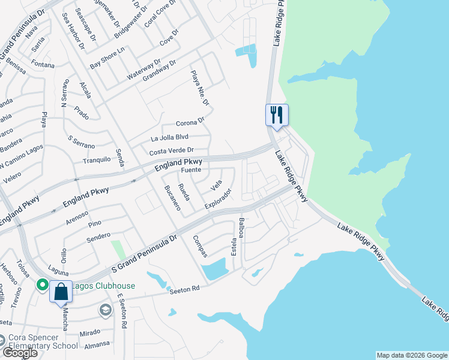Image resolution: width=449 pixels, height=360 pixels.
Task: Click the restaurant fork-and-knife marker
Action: coord(277,114)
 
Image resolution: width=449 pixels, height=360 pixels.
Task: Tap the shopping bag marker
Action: coord(61,292)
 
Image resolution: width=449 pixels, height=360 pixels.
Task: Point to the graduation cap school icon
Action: coord(105,310)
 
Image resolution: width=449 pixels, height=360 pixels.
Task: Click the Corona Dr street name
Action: coord(190,122)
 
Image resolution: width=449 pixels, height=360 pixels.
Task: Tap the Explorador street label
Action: coord(218,199)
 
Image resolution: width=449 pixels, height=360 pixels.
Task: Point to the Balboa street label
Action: coord(241,228)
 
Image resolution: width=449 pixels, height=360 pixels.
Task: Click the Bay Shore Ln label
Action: coord(106,58)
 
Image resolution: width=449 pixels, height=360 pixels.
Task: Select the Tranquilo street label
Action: coord(97,160)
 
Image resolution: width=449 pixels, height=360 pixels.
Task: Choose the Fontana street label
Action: coord(43,65)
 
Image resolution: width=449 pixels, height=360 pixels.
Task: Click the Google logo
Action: coord(20,353)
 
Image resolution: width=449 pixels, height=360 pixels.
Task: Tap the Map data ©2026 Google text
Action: coord(411,355)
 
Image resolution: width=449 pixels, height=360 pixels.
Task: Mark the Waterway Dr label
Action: coord(144,70)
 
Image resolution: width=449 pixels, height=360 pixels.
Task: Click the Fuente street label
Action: coord(191,170)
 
